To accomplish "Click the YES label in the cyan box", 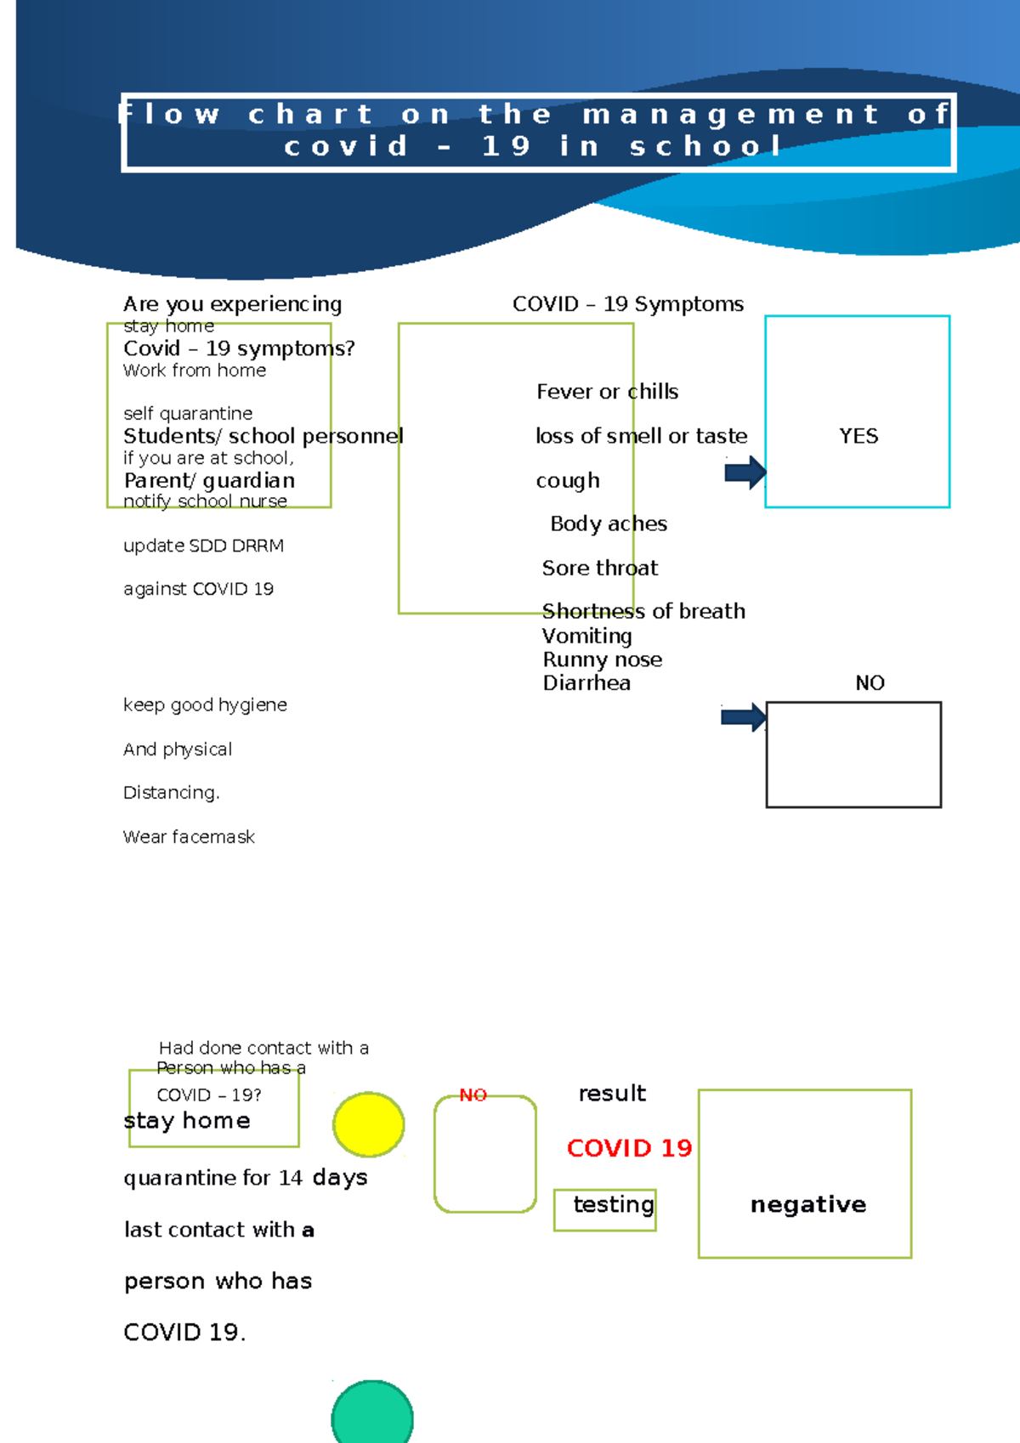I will tap(858, 436).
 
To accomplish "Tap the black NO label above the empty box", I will tap(870, 683).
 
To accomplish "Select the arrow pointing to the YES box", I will tap(745, 473).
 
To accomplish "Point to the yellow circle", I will tap(369, 1124).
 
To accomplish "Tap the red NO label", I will tap(473, 1095).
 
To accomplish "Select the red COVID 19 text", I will tap(629, 1148).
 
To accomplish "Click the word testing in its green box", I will tap(613, 1204).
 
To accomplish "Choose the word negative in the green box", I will tap(808, 1204).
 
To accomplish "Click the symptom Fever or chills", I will tap(607, 392).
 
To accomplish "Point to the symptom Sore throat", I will tap(600, 568).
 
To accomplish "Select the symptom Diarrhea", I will tap(586, 683).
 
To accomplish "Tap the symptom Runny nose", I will tap(602, 659).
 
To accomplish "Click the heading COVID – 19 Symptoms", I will tap(627, 304).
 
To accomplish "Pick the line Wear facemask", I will tap(189, 837).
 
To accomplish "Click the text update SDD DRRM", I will tap(203, 546).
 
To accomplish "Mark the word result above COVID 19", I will tap(612, 1093).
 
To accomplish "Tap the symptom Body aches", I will tap(609, 523).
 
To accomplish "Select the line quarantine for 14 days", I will tap(245, 1178).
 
